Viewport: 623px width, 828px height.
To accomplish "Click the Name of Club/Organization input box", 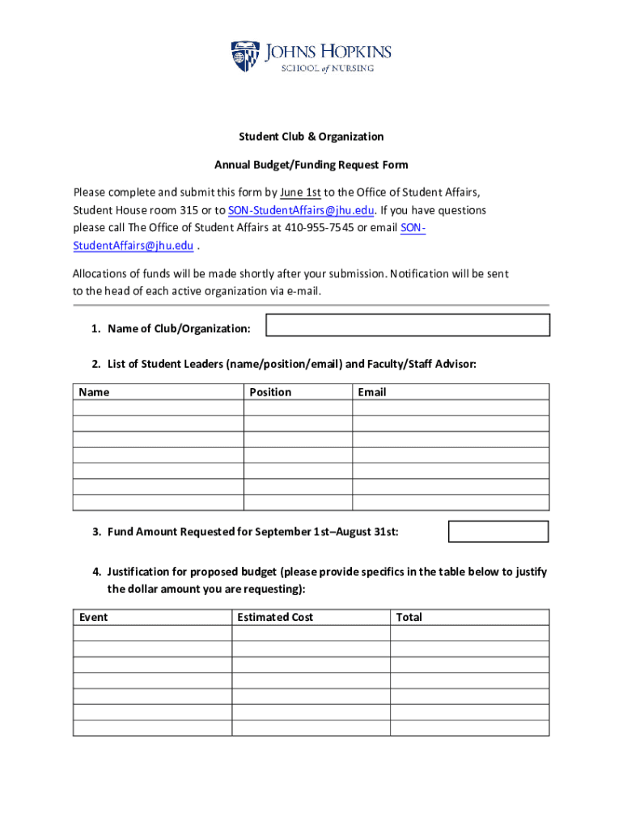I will pyautogui.click(x=408, y=325).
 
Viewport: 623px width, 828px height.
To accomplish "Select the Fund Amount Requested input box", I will pyautogui.click(x=498, y=531).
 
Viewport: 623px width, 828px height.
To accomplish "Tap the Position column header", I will pyautogui.click(x=270, y=392).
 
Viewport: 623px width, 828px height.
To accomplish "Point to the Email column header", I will pyautogui.click(x=372, y=392).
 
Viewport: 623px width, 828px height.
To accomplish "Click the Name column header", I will pyautogui.click(x=94, y=392).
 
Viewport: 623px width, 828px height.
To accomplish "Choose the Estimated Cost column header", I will pyautogui.click(x=275, y=617).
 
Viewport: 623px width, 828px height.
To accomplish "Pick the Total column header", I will pyautogui.click(x=409, y=617).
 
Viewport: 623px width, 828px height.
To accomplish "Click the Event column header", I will pyautogui.click(x=93, y=617).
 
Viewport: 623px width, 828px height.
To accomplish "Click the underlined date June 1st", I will pyautogui.click(x=300, y=192).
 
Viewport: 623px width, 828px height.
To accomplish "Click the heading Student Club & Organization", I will pyautogui.click(x=311, y=137).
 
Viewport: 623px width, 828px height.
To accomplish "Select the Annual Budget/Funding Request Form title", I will pyautogui.click(x=311, y=165).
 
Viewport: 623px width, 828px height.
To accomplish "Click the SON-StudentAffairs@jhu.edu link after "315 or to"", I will pyautogui.click(x=301, y=210).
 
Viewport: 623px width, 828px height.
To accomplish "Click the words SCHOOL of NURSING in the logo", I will pyautogui.click(x=327, y=69).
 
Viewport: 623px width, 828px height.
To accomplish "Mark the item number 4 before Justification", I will pyautogui.click(x=95, y=572).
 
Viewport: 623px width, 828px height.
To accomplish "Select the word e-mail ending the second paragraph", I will pyautogui.click(x=303, y=291).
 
